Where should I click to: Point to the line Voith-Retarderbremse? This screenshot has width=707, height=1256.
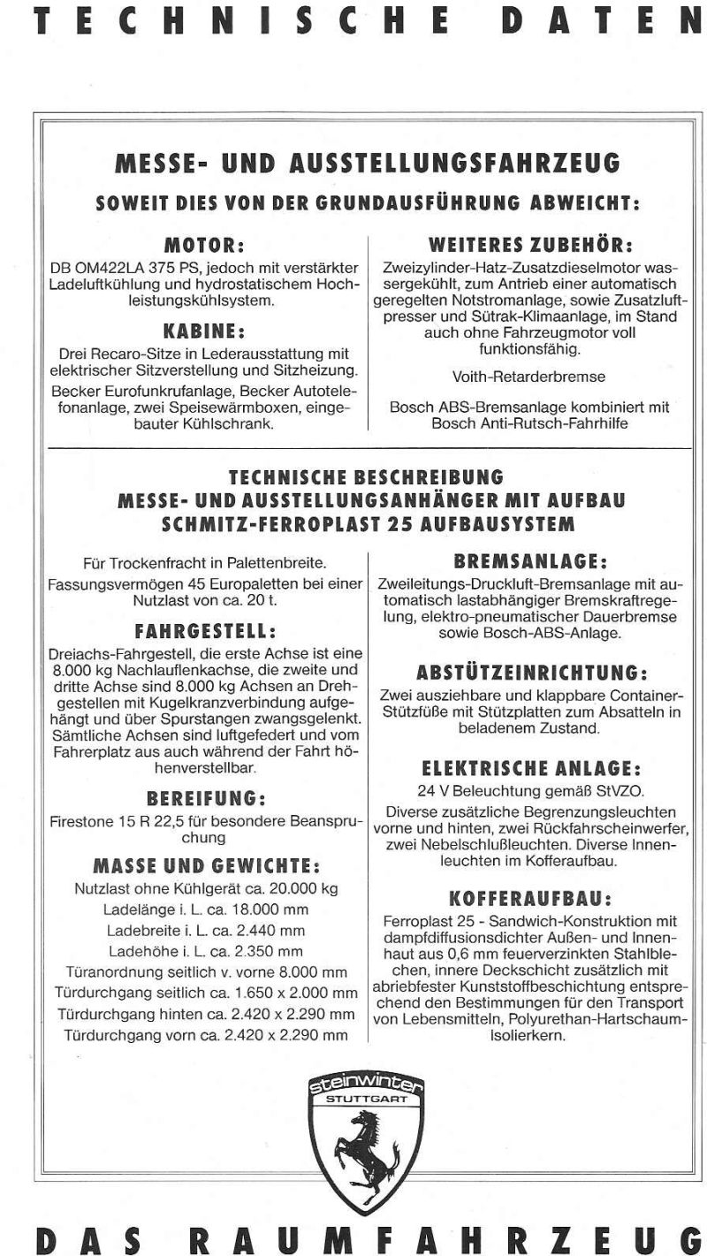click(x=528, y=377)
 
